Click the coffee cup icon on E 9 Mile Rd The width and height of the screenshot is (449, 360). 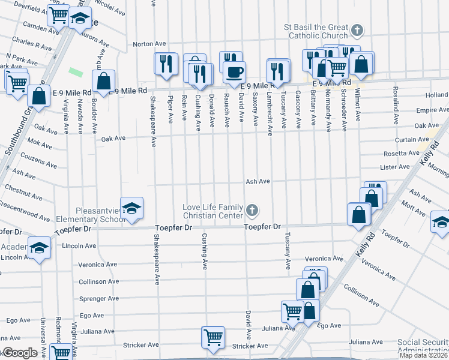tap(234, 72)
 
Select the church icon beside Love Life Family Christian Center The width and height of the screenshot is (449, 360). tap(252, 211)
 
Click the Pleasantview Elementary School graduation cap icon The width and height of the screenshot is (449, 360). tap(132, 208)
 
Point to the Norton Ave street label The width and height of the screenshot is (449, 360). tap(149, 44)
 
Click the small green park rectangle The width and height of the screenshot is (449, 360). tap(76, 72)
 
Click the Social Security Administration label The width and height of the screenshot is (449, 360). tap(423, 347)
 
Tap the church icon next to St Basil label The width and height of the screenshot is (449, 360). tap(357, 30)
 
